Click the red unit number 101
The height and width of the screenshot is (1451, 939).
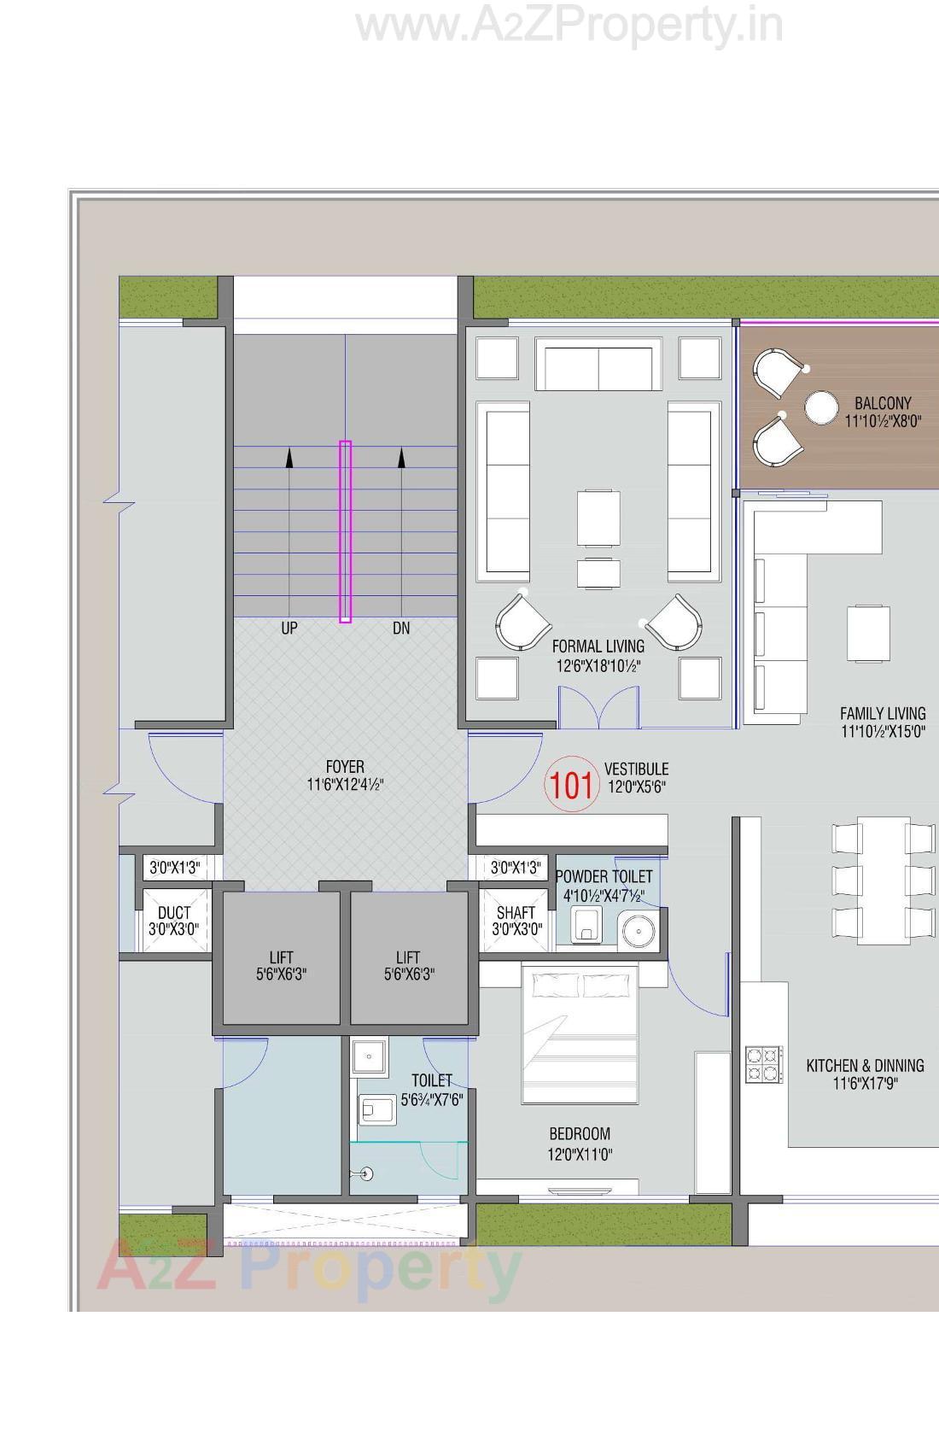click(x=570, y=784)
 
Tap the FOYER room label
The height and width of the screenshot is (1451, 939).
click(x=345, y=767)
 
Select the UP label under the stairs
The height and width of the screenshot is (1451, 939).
click(x=289, y=629)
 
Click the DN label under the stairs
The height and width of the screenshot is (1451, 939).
click(x=401, y=629)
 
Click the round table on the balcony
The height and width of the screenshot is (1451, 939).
click(x=821, y=408)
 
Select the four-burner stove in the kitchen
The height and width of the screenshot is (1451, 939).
click(x=764, y=1064)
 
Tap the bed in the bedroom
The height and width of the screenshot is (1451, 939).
click(x=580, y=1035)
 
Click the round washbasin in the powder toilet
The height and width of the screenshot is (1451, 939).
click(x=637, y=929)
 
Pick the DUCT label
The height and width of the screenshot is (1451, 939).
click(x=174, y=913)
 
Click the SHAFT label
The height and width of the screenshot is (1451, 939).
click(x=516, y=913)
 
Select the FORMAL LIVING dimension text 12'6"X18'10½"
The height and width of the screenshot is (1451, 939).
click(x=598, y=666)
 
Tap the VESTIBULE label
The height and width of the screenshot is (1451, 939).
click(x=636, y=769)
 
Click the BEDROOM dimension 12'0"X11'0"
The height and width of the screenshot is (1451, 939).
click(x=580, y=1155)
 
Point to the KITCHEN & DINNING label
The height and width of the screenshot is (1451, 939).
click(x=865, y=1066)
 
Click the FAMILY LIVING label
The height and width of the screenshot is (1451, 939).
click(x=882, y=713)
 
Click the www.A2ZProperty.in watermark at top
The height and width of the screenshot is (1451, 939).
click(x=569, y=26)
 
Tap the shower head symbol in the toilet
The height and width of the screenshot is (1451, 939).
click(x=367, y=1174)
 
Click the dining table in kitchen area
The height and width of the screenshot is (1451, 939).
click(x=884, y=881)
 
